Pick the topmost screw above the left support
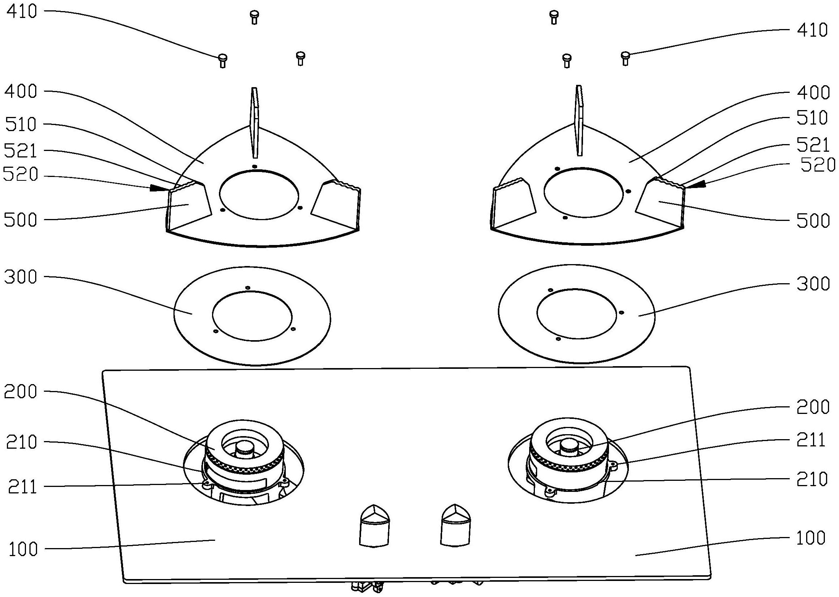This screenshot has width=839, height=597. coord(254,17)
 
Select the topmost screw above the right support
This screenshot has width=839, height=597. coord(554,17)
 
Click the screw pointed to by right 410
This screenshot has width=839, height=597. coord(625,58)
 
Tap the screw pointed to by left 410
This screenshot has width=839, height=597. coord(222,60)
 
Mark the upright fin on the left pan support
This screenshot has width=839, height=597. coord(254,122)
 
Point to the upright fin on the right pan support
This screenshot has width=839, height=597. coord(580,120)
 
